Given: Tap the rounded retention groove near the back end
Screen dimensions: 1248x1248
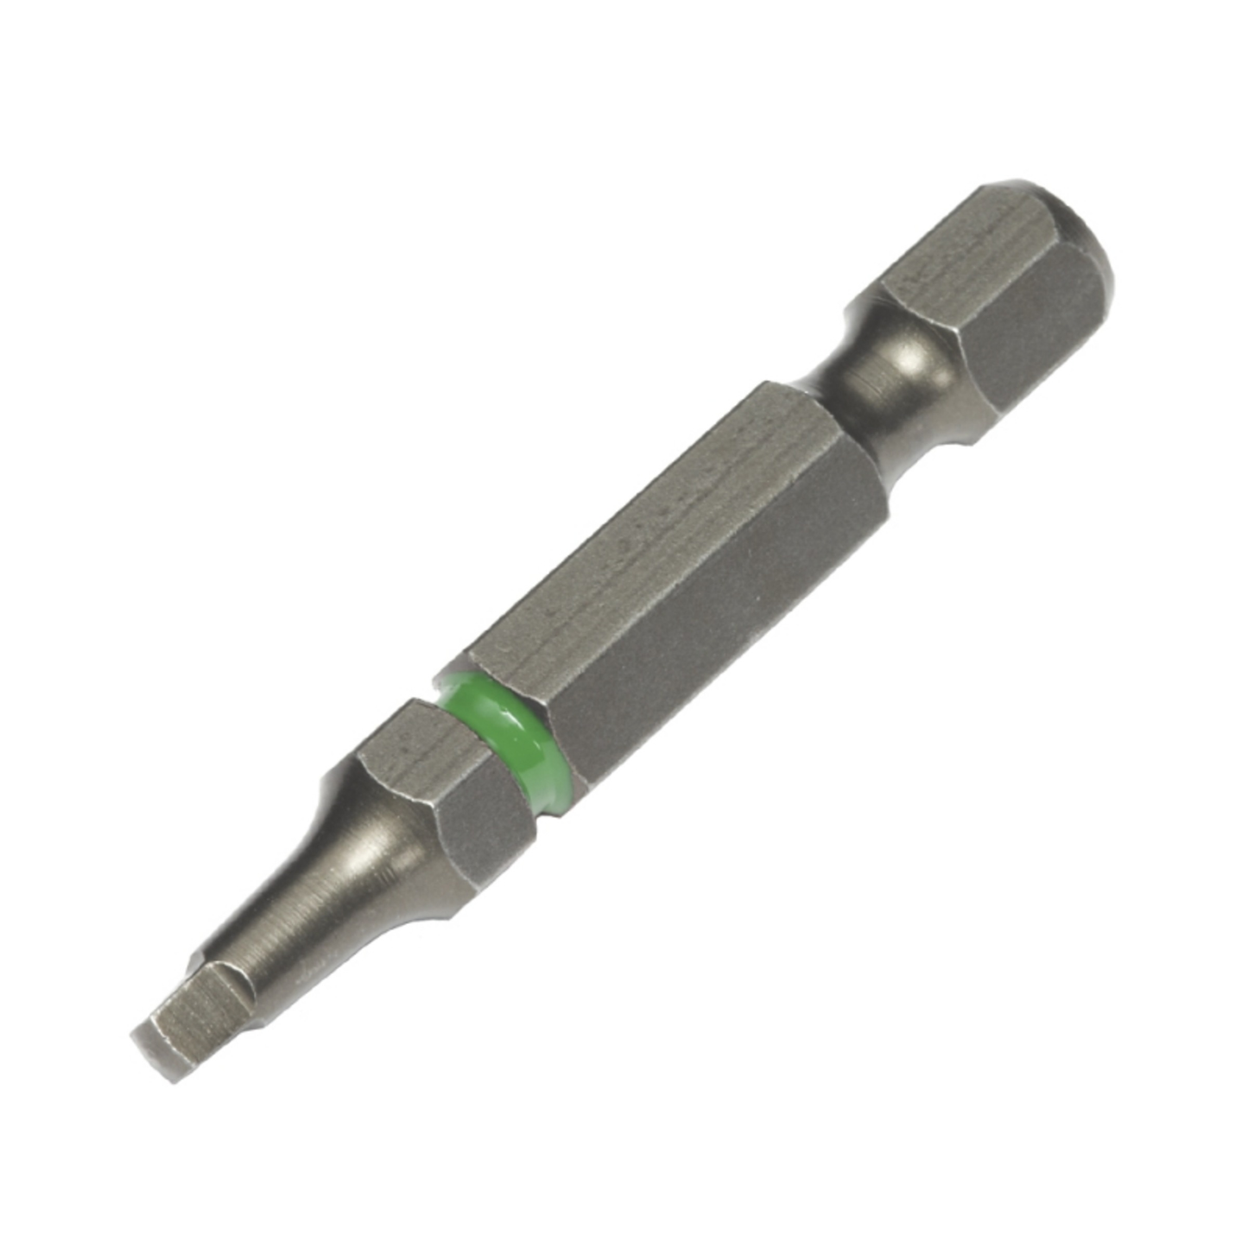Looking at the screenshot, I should tap(898, 371).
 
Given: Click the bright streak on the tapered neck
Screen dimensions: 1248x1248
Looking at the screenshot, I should tap(345, 855).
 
